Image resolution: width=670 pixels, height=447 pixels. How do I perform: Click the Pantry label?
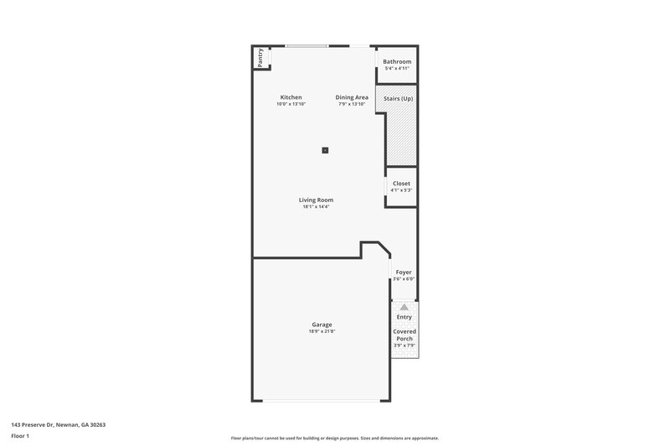pyautogui.click(x=260, y=57)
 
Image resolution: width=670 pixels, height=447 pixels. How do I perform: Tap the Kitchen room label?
pyautogui.click(x=291, y=97)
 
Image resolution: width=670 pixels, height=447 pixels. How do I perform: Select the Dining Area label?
pyautogui.click(x=352, y=97)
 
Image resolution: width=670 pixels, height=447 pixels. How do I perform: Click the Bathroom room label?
pyautogui.click(x=397, y=62)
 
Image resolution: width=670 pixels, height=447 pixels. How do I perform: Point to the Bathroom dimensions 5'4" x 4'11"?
pyautogui.click(x=397, y=69)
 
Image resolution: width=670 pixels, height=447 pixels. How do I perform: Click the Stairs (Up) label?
pyautogui.click(x=398, y=99)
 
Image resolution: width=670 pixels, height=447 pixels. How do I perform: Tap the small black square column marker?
pyautogui.click(x=326, y=150)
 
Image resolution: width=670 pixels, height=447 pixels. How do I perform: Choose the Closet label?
pyautogui.click(x=401, y=184)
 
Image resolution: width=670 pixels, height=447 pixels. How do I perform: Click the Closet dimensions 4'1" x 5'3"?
pyautogui.click(x=401, y=190)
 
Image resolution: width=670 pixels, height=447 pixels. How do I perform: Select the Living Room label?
pyautogui.click(x=317, y=200)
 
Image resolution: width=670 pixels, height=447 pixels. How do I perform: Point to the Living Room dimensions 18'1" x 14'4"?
pyautogui.click(x=317, y=206)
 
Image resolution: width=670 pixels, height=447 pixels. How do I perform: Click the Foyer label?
pyautogui.click(x=404, y=273)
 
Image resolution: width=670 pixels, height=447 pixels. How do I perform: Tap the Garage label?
pyautogui.click(x=322, y=325)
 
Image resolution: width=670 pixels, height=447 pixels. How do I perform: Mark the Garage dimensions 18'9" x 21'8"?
pyautogui.click(x=322, y=331)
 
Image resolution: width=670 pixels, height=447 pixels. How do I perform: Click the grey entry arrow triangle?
pyautogui.click(x=405, y=308)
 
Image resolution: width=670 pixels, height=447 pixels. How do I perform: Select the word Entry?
pyautogui.click(x=405, y=317)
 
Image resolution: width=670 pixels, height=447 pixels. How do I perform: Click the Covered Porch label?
pyautogui.click(x=405, y=335)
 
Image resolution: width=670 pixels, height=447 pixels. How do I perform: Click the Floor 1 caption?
pyautogui.click(x=21, y=436)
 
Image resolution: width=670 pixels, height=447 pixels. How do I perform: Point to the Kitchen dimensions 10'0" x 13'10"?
pyautogui.click(x=292, y=104)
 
